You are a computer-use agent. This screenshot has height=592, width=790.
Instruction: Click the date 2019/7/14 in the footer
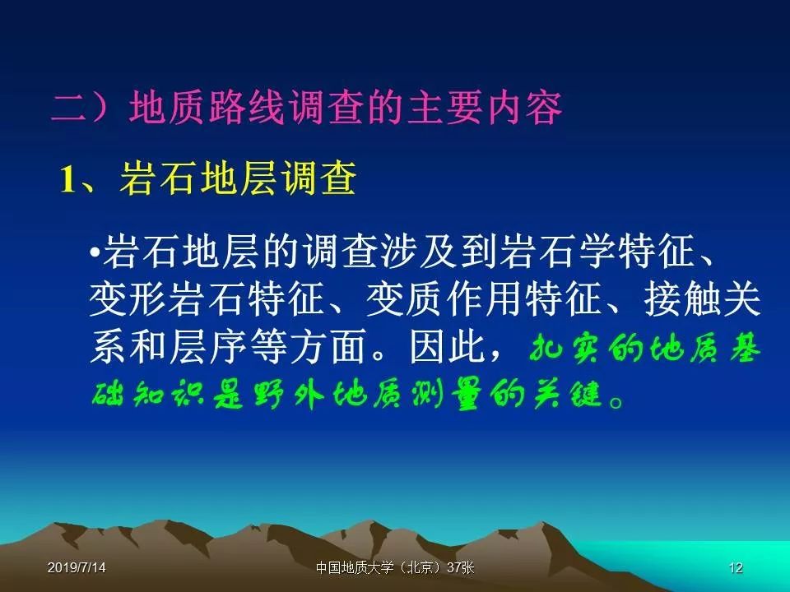pyautogui.click(x=77, y=568)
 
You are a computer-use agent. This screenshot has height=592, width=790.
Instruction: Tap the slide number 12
pyautogui.click(x=736, y=568)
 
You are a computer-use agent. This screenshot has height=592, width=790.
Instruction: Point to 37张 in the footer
pyautogui.click(x=461, y=568)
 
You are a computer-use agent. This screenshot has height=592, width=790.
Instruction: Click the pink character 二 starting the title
pyautogui.click(x=70, y=107)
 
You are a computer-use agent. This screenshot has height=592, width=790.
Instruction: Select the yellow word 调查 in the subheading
pyautogui.click(x=319, y=178)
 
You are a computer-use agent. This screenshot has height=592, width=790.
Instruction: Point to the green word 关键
pyautogui.click(x=568, y=394)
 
